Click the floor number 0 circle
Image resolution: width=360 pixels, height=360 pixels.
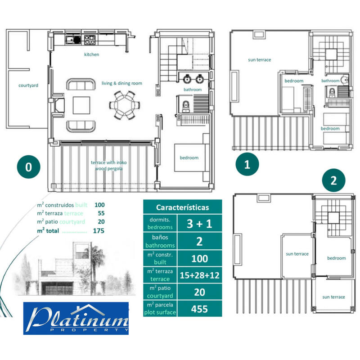28,167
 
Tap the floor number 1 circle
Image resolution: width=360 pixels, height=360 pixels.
247,164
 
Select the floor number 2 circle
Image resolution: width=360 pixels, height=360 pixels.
333,181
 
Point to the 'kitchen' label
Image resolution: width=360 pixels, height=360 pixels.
91,54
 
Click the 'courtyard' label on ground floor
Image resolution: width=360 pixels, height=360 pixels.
27,85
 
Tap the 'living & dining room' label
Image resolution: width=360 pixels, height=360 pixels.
121,83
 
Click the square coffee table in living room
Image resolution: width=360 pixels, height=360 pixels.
81,105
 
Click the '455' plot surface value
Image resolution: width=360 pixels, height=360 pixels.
198,309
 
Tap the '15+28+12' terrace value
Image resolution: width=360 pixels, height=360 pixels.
198,275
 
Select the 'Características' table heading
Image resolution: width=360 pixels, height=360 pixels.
182,207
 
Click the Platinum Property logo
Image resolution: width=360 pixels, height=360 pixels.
76,319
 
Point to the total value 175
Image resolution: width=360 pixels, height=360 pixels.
98,231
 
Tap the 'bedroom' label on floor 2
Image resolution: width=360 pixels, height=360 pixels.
336,258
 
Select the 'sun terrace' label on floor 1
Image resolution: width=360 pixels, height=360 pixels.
260,60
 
